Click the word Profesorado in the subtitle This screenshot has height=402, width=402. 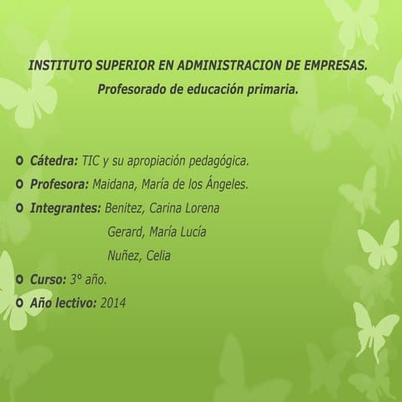point(132,87)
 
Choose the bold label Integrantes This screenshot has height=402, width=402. point(64,208)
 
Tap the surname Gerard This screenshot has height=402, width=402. point(126,232)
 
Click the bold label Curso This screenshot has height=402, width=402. point(49,279)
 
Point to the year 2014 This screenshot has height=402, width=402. point(112,302)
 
